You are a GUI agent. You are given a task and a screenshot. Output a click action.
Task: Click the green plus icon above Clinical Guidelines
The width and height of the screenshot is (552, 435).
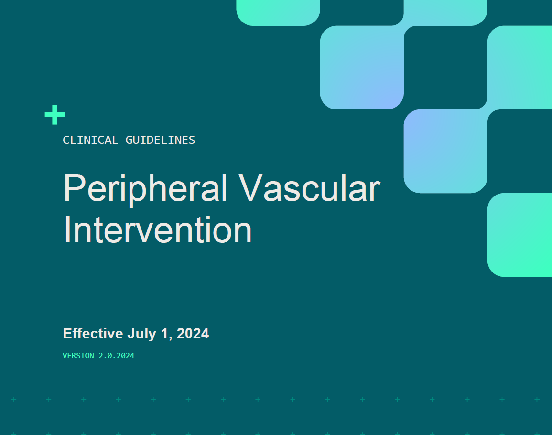click(54, 115)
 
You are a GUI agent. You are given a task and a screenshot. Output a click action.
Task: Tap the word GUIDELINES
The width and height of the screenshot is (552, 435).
click(160, 140)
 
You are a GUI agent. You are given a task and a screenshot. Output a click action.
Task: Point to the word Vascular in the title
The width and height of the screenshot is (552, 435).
click(309, 188)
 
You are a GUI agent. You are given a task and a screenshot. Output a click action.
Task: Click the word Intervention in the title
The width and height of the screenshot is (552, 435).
click(157, 230)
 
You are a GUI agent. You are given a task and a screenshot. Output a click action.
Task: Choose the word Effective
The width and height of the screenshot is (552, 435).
click(93, 333)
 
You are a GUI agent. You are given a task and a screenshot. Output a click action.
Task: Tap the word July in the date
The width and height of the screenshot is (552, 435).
click(141, 334)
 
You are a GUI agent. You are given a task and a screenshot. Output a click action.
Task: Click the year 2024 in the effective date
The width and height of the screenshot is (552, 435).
click(193, 333)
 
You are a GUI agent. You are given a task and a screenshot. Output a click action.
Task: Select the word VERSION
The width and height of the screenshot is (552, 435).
click(78, 356)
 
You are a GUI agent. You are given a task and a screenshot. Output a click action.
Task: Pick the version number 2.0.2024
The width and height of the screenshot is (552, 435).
click(117, 356)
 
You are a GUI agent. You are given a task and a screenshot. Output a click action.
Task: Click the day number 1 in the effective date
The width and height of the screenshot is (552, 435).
click(165, 333)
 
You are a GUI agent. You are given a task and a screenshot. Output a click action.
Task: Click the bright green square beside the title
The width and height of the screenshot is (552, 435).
click(520, 235)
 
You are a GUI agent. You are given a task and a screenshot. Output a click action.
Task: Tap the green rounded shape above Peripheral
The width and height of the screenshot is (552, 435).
click(278, 12)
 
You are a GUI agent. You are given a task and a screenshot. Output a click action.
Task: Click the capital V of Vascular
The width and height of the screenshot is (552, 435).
click(251, 188)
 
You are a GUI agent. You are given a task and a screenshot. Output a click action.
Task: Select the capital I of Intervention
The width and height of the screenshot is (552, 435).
click(67, 230)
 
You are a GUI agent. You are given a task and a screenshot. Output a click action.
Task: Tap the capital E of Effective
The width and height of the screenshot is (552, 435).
click(67, 333)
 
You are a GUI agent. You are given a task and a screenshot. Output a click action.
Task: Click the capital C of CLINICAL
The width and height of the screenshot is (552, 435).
click(66, 140)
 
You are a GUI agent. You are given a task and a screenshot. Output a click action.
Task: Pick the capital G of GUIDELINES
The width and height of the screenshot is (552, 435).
click(129, 140)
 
